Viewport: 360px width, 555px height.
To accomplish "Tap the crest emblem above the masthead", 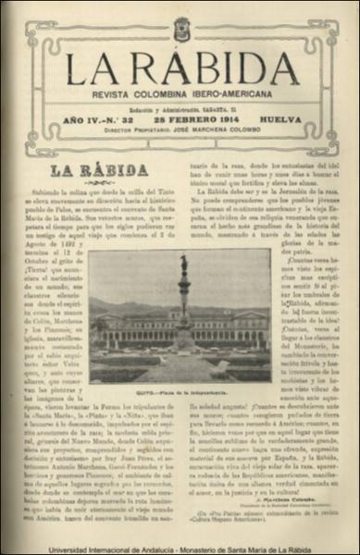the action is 181,30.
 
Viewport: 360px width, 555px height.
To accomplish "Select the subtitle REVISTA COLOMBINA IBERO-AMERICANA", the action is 181,95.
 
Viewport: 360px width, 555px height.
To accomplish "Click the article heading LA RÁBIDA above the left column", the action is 99,170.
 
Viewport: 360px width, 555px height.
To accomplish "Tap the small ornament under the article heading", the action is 99,184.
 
